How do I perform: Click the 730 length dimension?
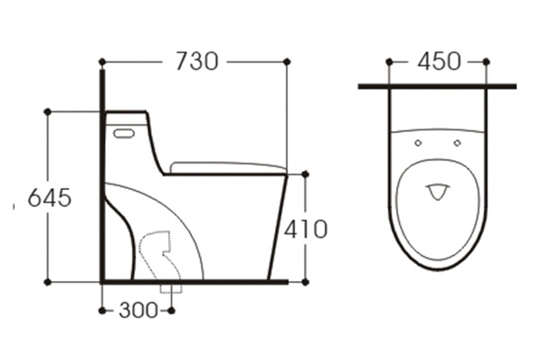197,62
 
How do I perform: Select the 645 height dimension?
50,197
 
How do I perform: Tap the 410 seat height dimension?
306,230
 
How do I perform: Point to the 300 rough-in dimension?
138,310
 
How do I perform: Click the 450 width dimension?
439,62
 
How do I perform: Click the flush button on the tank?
124,134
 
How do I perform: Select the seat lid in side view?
228,167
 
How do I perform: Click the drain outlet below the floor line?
172,288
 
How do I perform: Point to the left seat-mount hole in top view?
418,143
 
